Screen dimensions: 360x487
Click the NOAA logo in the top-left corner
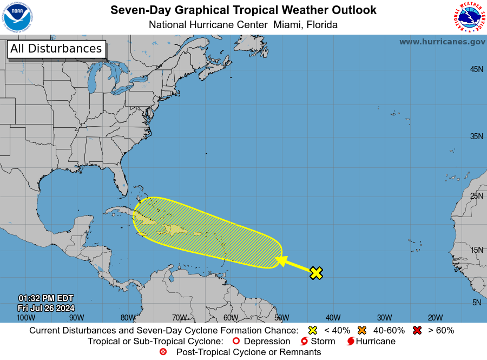point(17,17)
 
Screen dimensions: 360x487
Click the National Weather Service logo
point(468,17)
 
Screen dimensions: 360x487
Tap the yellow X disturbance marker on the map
point(316,273)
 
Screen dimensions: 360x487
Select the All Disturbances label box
point(56,49)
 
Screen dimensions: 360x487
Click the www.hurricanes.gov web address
point(442,42)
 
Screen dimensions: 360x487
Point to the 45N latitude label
point(476,69)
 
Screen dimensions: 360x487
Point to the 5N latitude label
point(476,303)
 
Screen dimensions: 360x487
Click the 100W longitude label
point(22,318)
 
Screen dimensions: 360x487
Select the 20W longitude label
point(435,318)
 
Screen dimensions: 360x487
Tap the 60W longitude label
point(230,318)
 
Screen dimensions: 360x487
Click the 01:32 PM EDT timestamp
point(45,298)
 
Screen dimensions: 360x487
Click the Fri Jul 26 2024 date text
point(45,308)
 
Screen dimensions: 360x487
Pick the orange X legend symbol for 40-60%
point(362,330)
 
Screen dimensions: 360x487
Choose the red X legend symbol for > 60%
point(417,330)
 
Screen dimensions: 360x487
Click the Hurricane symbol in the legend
point(351,342)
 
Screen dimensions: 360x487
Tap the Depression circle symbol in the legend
point(236,342)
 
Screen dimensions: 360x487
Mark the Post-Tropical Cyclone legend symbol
point(163,352)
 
